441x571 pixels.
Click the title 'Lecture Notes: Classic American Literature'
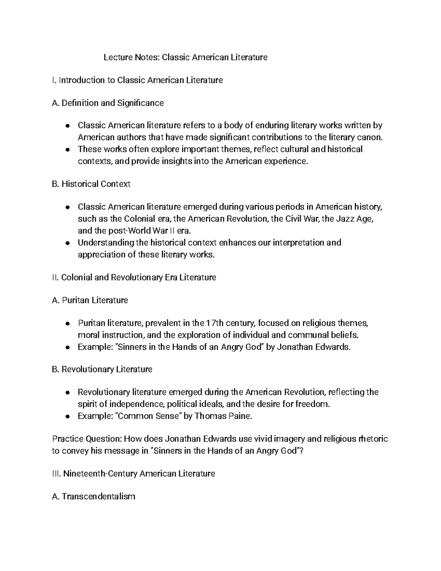[185, 57]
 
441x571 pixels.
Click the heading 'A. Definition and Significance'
[108, 103]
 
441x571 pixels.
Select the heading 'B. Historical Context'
[91, 184]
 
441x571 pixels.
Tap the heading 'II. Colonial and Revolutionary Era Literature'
[134, 277]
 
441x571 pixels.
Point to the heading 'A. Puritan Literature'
[90, 300]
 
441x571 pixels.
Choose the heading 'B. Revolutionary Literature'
[102, 369]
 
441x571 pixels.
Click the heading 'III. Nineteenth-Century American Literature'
[133, 474]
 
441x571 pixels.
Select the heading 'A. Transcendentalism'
[94, 497]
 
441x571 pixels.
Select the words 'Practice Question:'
[86, 439]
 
